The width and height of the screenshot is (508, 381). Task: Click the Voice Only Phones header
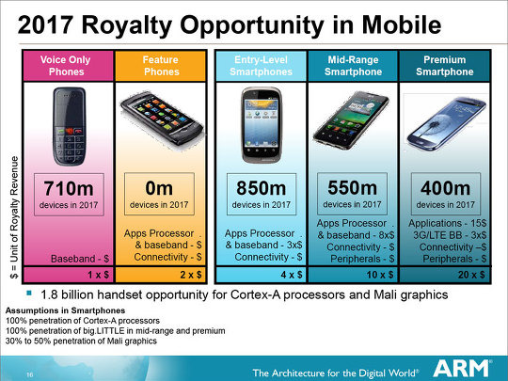coord(66,66)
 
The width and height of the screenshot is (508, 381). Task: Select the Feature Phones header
coord(161,66)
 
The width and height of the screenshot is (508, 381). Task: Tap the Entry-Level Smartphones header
coord(262,66)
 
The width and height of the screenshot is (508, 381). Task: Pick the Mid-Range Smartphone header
coord(353,66)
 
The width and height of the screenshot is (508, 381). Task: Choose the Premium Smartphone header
coord(445,66)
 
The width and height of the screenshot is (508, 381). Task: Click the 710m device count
coord(69,188)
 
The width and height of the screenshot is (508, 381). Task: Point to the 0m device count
coord(159,188)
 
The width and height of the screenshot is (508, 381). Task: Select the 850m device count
coord(262,188)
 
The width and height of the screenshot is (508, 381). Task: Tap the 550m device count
coord(352,187)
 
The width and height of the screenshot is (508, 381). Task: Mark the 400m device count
coord(446,188)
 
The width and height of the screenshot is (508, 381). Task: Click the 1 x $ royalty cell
coord(69,275)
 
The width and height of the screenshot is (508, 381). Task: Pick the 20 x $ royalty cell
coord(445,275)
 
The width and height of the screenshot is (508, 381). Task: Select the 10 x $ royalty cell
coord(354,275)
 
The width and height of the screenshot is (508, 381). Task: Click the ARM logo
coord(462,369)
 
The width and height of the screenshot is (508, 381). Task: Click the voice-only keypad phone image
coord(70,126)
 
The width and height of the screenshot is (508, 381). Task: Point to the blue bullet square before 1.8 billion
coord(29,294)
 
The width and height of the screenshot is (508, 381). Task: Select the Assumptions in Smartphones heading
coord(65,310)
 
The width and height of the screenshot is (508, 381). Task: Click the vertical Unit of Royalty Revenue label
coord(14,217)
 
